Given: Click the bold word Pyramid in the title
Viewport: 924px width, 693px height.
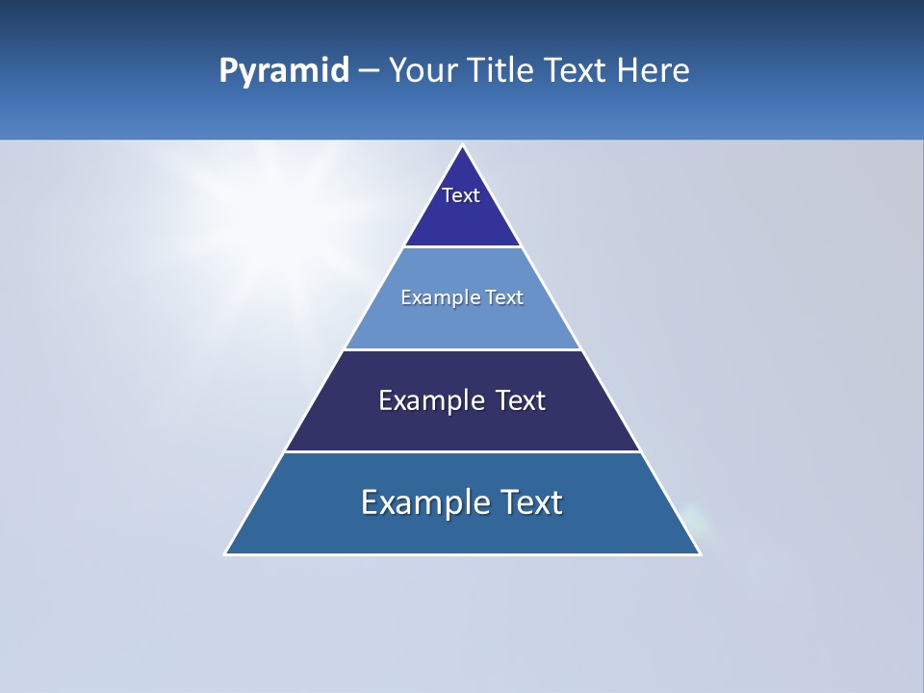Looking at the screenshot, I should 283,71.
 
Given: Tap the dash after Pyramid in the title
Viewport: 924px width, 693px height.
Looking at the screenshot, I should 368,71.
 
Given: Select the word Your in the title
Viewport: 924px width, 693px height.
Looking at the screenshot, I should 421,71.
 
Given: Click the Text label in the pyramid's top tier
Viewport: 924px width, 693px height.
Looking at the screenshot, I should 461,195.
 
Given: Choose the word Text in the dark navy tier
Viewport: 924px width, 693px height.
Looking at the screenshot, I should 521,400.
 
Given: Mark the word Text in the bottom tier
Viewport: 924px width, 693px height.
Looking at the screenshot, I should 531,502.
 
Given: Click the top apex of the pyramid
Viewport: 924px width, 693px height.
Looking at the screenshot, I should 463,146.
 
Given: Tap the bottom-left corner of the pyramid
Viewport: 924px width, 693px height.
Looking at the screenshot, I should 226,553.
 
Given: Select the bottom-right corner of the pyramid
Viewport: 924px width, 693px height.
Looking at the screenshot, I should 700,553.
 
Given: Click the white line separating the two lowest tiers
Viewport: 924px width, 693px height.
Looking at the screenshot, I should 463,451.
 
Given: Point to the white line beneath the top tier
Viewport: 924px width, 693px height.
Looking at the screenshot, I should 463,247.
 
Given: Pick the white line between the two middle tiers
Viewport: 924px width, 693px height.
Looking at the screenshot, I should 463,349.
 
